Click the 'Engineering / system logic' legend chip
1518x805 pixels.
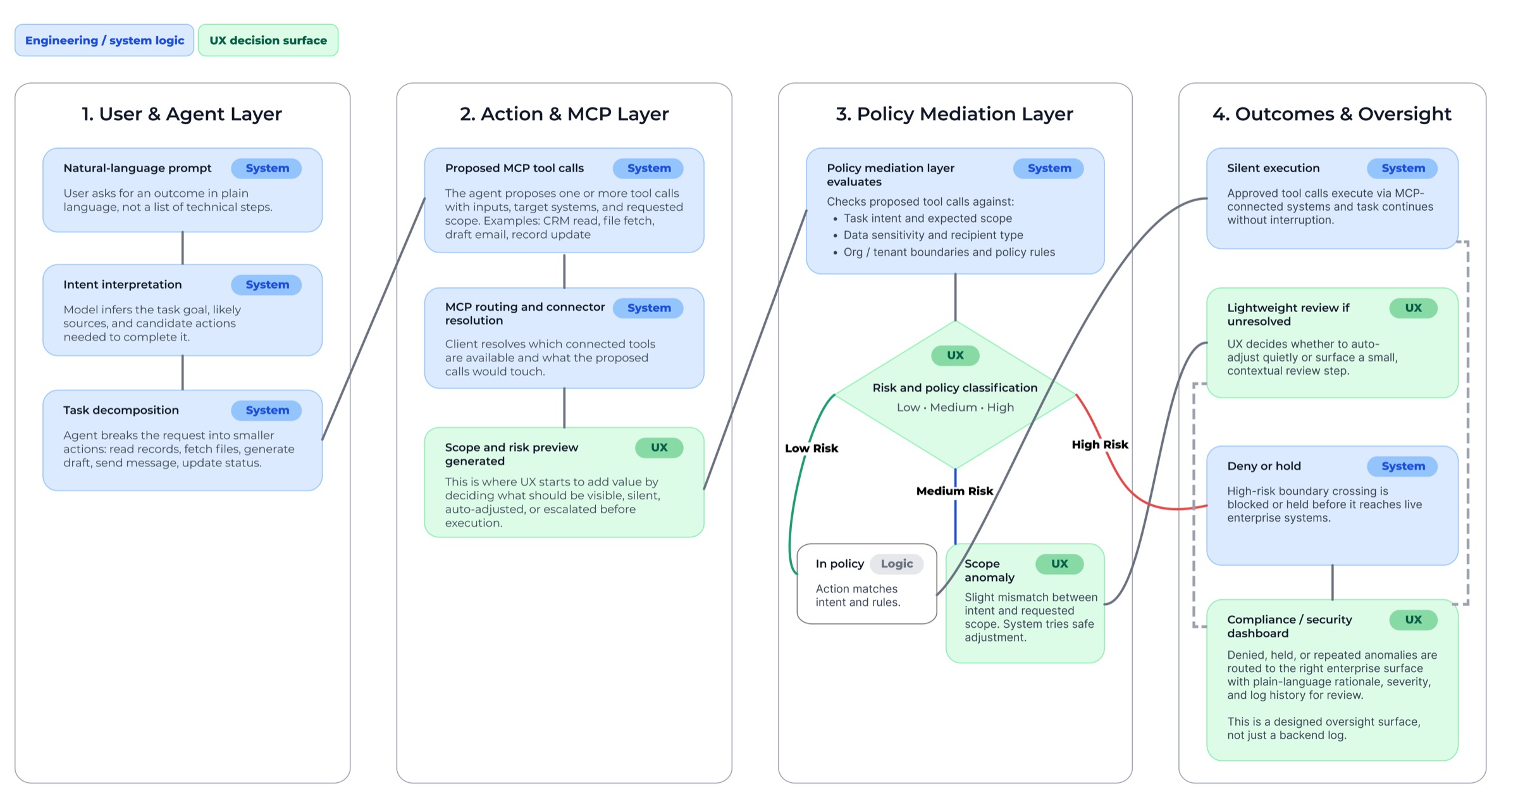point(104,41)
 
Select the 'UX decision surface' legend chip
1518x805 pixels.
point(268,41)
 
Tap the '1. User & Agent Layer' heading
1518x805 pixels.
point(182,114)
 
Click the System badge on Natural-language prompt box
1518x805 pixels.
point(266,168)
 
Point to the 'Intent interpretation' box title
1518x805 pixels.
point(122,285)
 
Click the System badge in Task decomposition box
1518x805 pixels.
point(266,410)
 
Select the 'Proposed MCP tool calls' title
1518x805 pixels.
point(514,168)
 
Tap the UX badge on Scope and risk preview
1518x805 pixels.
point(658,447)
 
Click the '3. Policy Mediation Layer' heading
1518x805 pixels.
point(954,114)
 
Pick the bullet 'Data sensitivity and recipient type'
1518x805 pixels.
point(933,235)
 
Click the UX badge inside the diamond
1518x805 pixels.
point(954,356)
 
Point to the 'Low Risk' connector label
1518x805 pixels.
point(811,448)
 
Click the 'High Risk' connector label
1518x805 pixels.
point(1099,444)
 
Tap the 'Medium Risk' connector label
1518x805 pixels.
point(954,491)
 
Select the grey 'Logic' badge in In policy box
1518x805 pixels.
point(896,564)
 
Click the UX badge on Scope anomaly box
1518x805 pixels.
point(1059,564)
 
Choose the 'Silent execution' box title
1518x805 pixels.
point(1273,168)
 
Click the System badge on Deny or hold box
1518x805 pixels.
point(1402,466)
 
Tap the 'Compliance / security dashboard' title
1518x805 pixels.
point(1289,626)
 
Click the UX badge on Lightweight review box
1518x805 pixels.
point(1412,308)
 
